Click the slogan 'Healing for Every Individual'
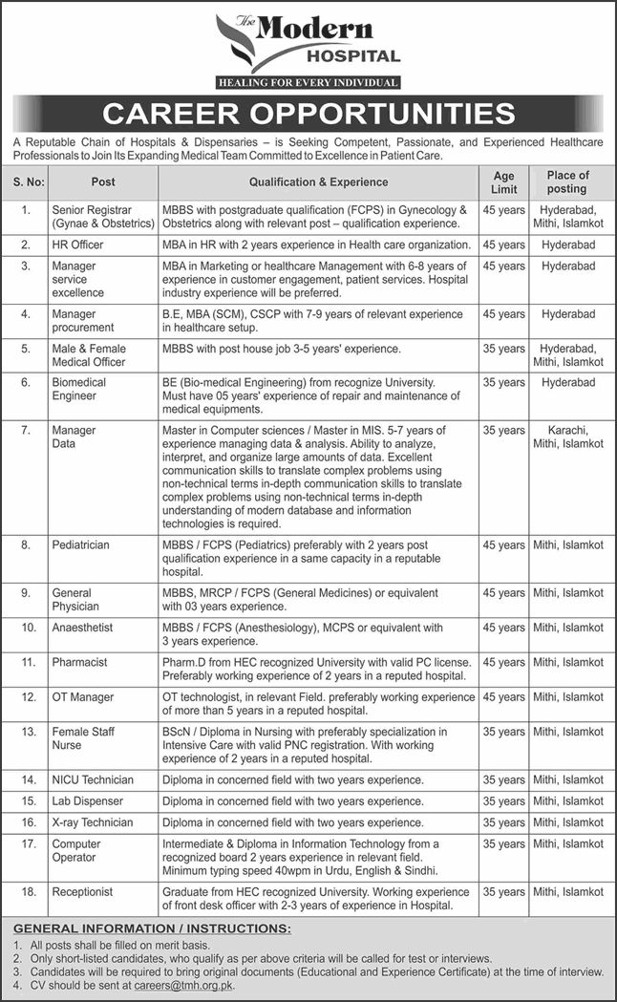point(308,82)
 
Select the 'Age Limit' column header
point(503,181)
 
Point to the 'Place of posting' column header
point(567,181)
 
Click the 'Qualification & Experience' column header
point(318,181)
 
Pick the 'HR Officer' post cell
point(78,245)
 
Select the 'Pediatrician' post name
point(81,544)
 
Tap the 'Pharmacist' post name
point(80,662)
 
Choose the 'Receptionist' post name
point(82,892)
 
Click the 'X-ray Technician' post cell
point(93,822)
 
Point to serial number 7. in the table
point(27,431)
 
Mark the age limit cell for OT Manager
point(503,697)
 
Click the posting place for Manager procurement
point(567,314)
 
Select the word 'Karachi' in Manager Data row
point(567,431)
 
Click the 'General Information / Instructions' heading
point(153,928)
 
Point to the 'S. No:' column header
point(27,181)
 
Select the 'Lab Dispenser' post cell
point(87,801)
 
